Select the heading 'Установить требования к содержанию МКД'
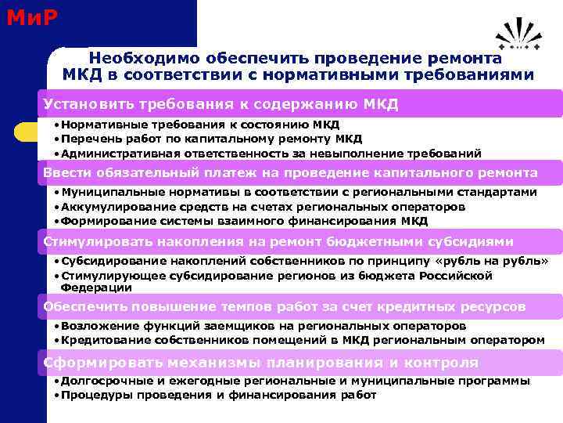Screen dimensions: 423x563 point(221,104)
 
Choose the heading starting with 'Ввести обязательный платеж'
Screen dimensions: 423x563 point(290,172)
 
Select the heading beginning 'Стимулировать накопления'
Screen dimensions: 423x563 point(278,241)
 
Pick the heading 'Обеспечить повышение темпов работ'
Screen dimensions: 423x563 point(284,306)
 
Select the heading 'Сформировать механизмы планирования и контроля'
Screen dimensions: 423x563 point(260,363)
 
